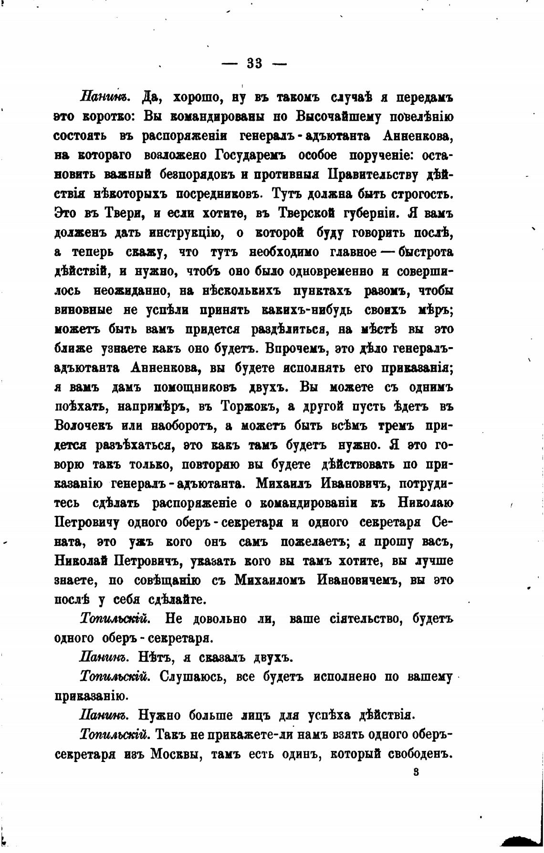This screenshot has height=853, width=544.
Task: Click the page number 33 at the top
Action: (255, 64)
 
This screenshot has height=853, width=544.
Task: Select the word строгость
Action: (421, 195)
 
